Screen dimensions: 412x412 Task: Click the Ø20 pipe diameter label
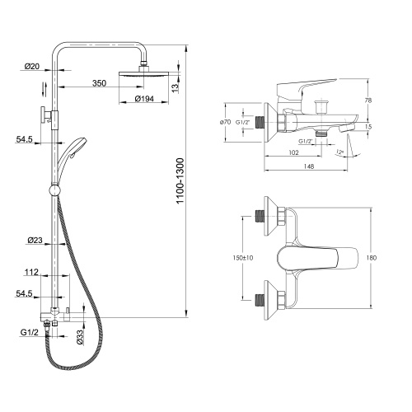32,67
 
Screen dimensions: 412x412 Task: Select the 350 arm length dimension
99,83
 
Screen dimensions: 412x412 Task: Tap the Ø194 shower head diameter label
144,98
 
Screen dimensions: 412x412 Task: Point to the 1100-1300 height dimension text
180,180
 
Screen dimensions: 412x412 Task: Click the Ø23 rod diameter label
35,241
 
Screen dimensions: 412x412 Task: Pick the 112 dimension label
31,272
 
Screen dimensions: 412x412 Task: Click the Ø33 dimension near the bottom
80,337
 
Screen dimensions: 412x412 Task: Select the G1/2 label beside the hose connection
29,332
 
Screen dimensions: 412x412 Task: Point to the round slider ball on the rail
54,190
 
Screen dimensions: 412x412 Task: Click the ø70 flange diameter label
225,122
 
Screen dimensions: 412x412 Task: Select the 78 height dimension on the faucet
368,101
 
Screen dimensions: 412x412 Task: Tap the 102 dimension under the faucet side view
293,152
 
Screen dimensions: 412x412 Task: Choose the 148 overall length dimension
309,166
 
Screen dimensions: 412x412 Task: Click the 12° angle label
339,152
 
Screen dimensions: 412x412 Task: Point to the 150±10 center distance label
243,258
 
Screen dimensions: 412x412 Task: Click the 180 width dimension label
372,258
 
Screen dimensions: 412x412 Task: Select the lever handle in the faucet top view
317,258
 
